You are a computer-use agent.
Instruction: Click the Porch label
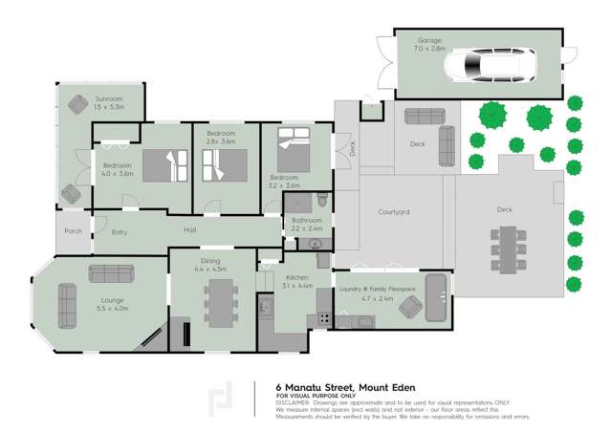[x=73, y=230]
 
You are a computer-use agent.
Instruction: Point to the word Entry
[x=120, y=232]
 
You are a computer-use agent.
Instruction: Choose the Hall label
[x=190, y=229]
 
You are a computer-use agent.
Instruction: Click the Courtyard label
[x=393, y=212]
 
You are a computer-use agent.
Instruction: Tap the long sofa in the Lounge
[x=66, y=307]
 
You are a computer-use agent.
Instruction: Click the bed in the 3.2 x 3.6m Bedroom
[x=293, y=152]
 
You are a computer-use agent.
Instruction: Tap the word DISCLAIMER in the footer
[x=294, y=401]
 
